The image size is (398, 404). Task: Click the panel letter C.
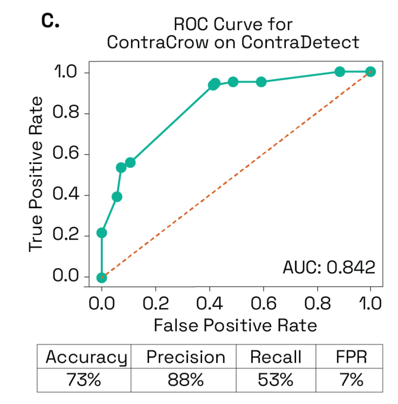[x=50, y=20]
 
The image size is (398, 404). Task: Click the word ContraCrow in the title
[x=157, y=43]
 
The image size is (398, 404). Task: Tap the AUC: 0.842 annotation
[x=329, y=267]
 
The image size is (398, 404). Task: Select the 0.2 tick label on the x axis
[x=155, y=304]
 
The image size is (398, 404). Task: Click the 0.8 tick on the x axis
[x=317, y=304]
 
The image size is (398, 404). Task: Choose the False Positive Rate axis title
[x=235, y=326]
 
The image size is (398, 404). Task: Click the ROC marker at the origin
[x=101, y=277]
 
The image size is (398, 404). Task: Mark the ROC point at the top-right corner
[x=371, y=72]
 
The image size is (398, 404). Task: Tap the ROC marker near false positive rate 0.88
[x=339, y=72]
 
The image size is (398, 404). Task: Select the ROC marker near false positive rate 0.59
[x=261, y=82]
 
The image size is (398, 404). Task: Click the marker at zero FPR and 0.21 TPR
[x=101, y=233]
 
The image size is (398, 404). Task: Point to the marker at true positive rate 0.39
[x=117, y=197]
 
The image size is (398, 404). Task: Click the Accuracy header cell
[x=86, y=357]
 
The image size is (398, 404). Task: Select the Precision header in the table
[x=186, y=357]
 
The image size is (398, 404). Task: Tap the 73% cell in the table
[x=86, y=380]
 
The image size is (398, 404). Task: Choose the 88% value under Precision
[x=186, y=380]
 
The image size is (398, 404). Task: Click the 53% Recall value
[x=275, y=380]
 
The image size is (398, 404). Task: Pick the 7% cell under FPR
[x=351, y=380]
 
